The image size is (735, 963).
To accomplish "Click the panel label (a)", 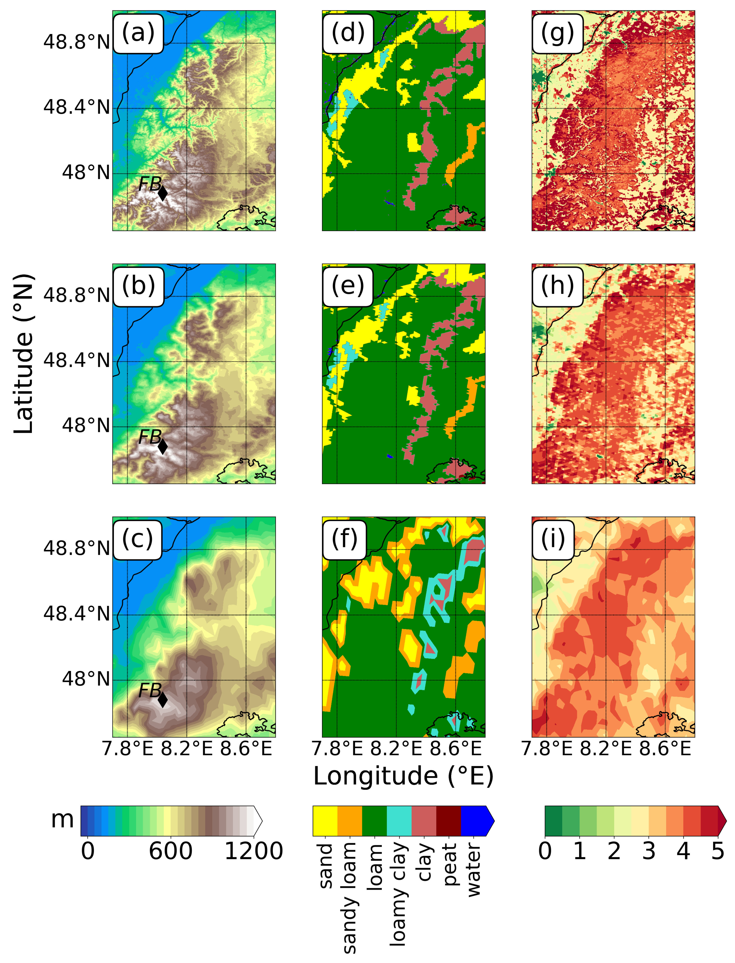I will click(138, 33).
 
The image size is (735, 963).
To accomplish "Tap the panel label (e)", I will click(348, 287).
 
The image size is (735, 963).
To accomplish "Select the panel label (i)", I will click(553, 539).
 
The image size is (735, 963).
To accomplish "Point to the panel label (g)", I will click(557, 33).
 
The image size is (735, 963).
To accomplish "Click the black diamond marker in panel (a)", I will click(162, 192).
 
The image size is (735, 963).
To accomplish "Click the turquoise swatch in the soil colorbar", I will click(399, 821).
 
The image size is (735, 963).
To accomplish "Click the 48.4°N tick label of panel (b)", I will click(76, 361).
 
